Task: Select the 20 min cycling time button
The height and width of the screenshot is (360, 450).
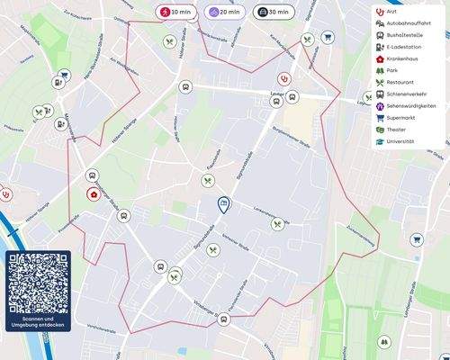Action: tap(224, 13)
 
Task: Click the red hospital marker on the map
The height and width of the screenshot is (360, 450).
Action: tap(93, 194)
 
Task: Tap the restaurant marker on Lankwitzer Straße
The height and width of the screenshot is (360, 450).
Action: tap(277, 224)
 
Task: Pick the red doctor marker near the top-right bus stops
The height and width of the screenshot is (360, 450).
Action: tap(284, 78)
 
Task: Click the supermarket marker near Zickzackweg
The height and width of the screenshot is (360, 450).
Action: tap(416, 240)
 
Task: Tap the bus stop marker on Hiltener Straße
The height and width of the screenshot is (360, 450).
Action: tap(185, 87)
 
